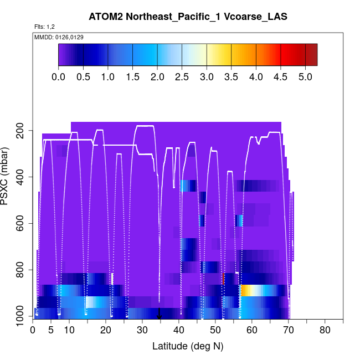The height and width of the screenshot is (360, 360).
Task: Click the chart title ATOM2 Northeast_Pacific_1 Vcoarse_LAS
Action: click(x=188, y=17)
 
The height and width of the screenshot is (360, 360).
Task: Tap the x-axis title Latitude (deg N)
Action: click(x=188, y=346)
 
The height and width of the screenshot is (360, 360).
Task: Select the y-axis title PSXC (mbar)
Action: click(x=7, y=176)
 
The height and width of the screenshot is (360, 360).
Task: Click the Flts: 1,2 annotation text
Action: click(x=44, y=27)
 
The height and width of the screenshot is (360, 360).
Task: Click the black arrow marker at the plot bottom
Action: click(x=160, y=316)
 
